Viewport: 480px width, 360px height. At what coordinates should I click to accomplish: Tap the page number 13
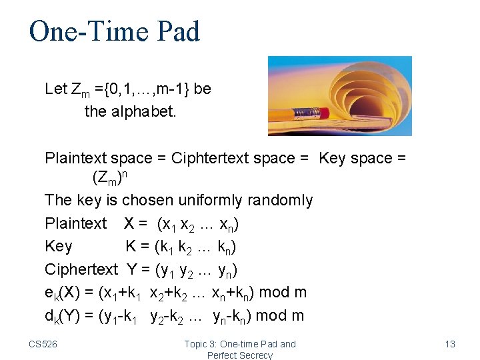pos(450,344)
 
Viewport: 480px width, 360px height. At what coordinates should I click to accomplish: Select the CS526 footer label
pos(43,344)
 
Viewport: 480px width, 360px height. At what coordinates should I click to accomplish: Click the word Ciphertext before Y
pos(81,269)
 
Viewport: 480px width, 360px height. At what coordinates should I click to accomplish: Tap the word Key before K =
pos(59,246)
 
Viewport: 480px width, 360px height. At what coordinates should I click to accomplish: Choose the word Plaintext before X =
pos(75,223)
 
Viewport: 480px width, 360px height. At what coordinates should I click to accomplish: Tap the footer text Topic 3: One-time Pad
pos(240,344)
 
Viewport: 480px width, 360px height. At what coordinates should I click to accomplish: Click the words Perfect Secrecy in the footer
pos(240,355)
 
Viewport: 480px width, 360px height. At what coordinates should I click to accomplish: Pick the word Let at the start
pos(56,89)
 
